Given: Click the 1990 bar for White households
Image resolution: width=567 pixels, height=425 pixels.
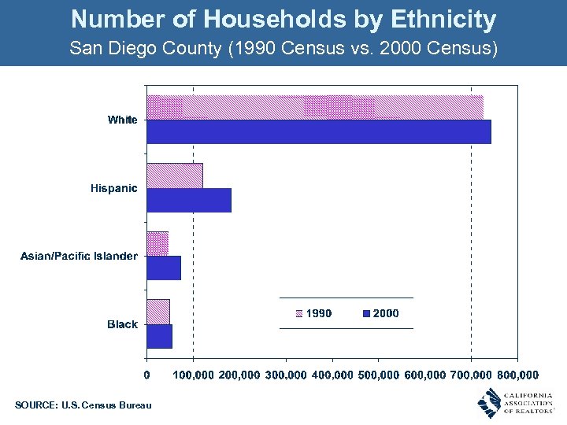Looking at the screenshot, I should point(315,107).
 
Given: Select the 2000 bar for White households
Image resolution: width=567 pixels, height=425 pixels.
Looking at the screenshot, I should point(319,131).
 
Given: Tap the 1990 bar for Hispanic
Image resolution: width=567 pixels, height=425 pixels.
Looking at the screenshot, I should point(175,176).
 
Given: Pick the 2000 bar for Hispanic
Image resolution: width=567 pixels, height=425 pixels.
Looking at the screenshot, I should point(189,200).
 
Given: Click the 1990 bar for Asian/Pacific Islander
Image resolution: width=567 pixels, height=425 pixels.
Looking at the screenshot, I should point(157,243).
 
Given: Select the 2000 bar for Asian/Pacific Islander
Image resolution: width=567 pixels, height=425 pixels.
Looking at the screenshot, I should point(164,268).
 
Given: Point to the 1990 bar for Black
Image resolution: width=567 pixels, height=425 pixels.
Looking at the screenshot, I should point(158,311).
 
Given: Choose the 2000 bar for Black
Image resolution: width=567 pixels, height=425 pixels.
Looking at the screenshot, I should point(160,336).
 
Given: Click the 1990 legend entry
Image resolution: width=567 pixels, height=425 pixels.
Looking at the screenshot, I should point(313,313).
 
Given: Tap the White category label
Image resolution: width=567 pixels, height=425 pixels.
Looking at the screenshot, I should point(122,120).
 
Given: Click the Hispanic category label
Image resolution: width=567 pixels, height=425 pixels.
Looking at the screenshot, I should point(113,188).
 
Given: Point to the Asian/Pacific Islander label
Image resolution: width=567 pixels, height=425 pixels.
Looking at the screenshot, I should point(79,256).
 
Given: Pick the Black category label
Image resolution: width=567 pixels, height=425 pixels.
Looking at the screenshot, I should point(122,324).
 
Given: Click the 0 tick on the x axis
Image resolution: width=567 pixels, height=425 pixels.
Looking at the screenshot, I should point(147,375).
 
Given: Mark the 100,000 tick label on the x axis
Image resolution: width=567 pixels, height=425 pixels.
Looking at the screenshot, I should point(192,375).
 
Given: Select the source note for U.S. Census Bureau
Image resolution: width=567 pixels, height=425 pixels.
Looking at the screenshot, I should point(83,405).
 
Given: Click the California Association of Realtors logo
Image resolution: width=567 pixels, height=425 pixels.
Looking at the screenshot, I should point(516,403).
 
